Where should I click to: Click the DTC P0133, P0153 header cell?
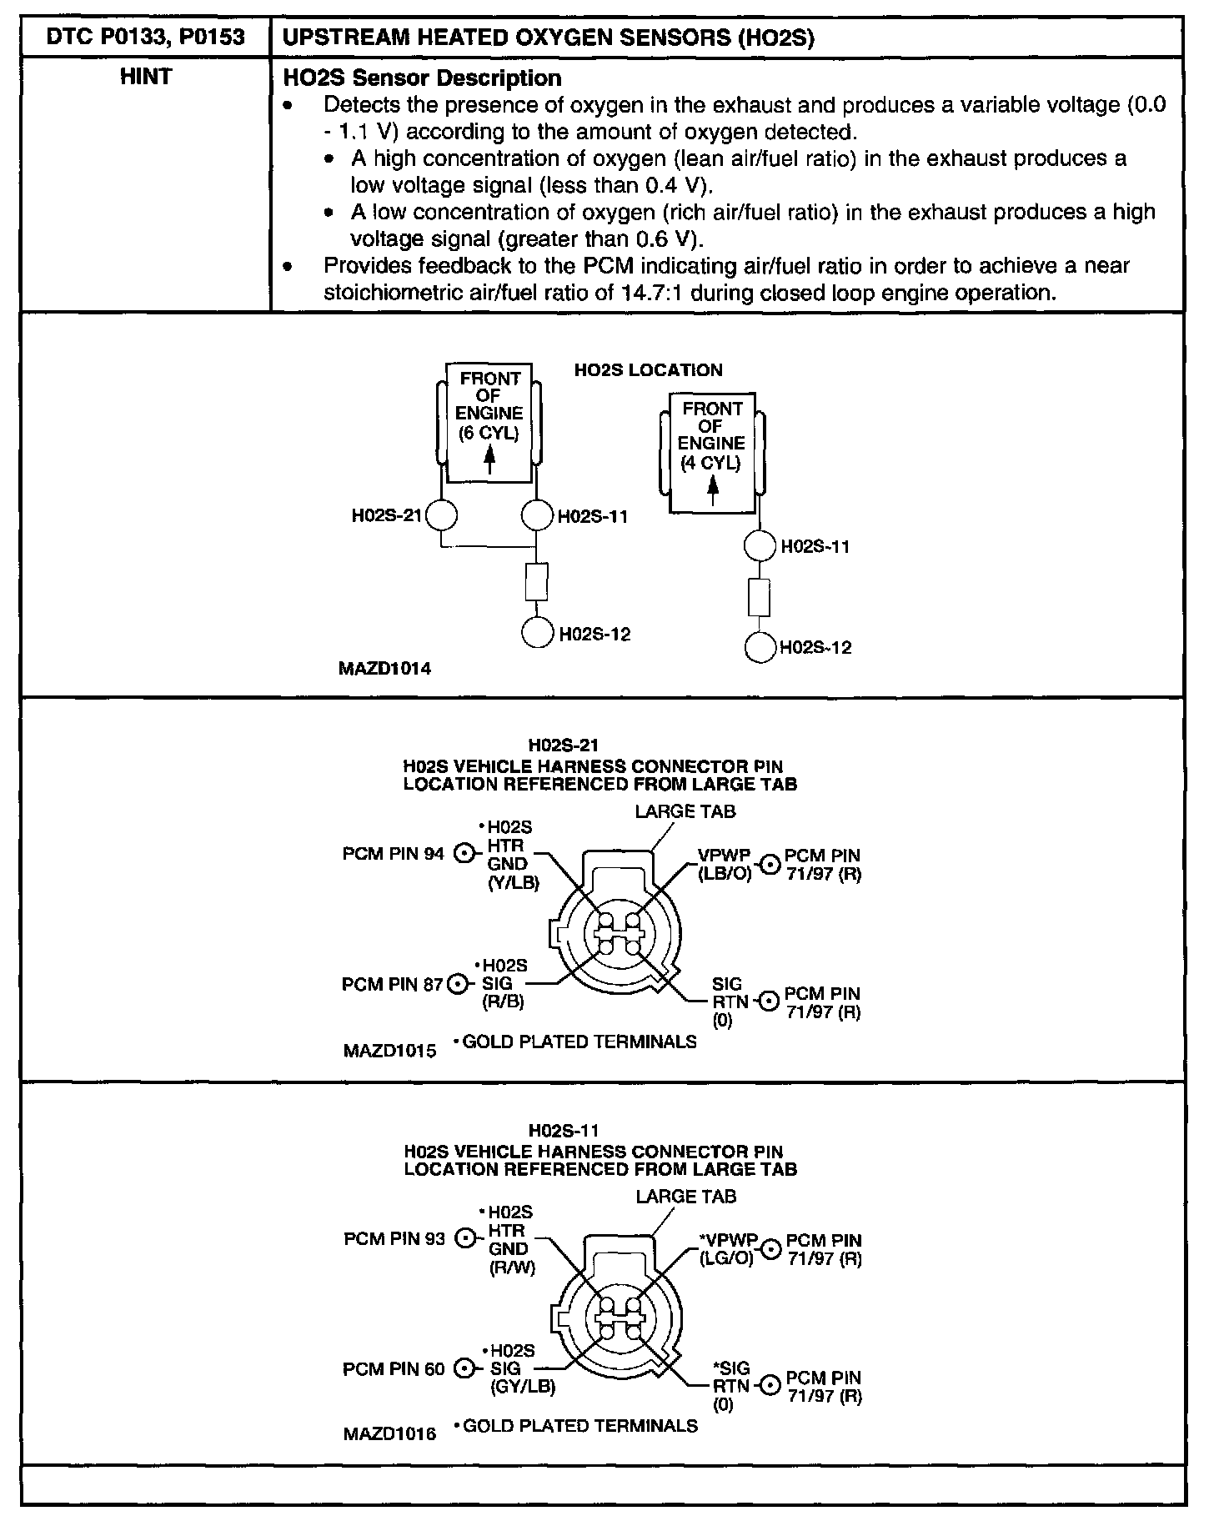[x=147, y=38]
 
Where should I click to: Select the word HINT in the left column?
[x=146, y=77]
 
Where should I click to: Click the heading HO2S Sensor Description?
[x=423, y=78]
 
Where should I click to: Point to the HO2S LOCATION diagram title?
[x=648, y=370]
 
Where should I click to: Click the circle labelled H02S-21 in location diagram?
[x=442, y=515]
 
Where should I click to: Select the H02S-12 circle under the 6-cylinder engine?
[x=537, y=633]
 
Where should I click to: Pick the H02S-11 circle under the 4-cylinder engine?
[x=760, y=547]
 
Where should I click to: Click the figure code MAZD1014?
[x=385, y=668]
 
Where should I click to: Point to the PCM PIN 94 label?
[x=394, y=854]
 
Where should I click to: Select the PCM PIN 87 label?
[x=392, y=984]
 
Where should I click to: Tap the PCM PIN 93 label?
[x=394, y=1239]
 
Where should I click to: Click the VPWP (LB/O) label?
[x=726, y=864]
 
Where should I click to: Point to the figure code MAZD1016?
[x=389, y=1434]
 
